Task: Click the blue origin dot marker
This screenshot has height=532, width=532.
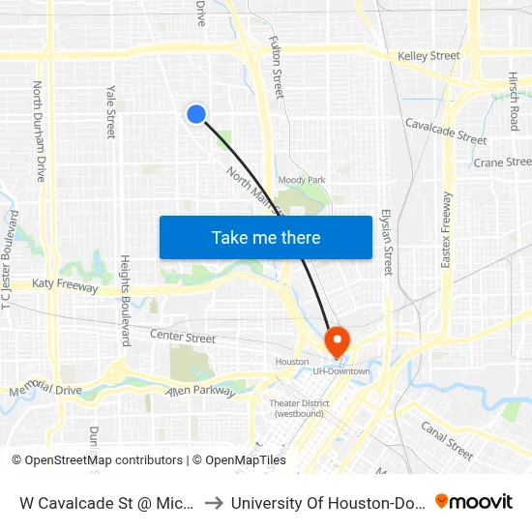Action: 196,114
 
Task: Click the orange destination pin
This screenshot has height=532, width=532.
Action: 337,341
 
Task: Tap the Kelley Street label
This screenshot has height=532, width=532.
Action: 429,56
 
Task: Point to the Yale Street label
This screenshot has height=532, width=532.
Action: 111,110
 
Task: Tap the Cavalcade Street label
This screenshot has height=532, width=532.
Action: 445,131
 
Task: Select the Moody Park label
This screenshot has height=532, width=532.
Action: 302,180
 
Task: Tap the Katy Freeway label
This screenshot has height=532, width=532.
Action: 65,285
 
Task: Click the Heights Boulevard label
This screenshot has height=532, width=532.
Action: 125,301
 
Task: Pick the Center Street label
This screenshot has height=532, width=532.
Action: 183,338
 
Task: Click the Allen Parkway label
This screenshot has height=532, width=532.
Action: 201,391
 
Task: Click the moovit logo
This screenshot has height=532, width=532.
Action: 473,501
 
